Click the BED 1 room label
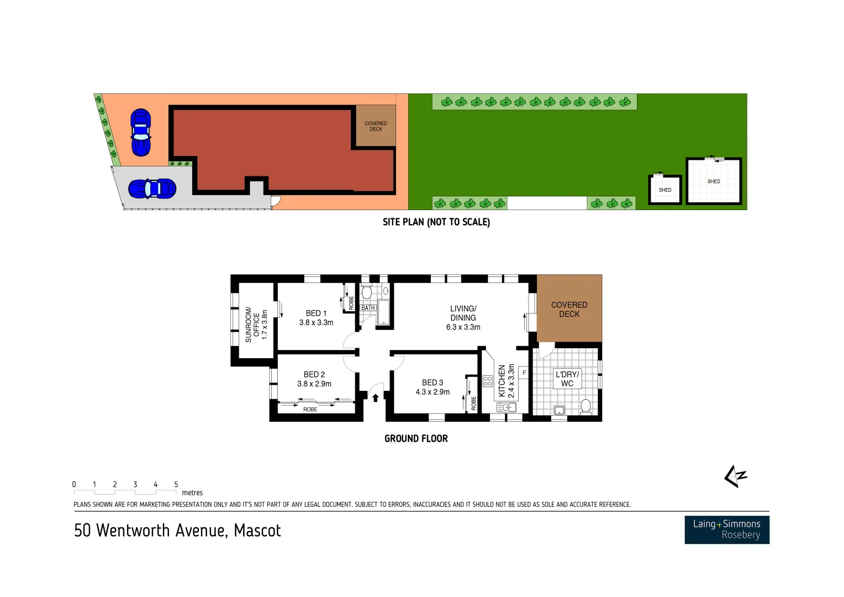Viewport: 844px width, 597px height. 317,313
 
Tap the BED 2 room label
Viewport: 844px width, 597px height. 314,375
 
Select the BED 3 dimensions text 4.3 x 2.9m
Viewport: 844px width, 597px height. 432,392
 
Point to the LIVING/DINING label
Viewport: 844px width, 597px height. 463,313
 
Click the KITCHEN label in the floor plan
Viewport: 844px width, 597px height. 502,381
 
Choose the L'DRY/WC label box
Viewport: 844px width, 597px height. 567,379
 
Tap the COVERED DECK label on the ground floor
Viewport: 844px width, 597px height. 569,310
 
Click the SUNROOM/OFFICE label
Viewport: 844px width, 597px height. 252,324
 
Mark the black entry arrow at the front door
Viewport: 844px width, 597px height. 376,397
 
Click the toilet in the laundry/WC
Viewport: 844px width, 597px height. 586,407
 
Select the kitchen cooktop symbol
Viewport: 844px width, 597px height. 488,381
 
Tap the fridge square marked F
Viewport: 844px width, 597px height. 524,373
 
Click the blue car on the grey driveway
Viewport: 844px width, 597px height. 152,189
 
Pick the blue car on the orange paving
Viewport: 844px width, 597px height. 141,132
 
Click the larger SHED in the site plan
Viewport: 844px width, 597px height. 714,181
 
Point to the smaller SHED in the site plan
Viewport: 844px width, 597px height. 665,190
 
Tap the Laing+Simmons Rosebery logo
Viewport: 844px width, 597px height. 726,530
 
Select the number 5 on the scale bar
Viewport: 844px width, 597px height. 176,485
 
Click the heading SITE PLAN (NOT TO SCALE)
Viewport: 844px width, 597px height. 436,222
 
